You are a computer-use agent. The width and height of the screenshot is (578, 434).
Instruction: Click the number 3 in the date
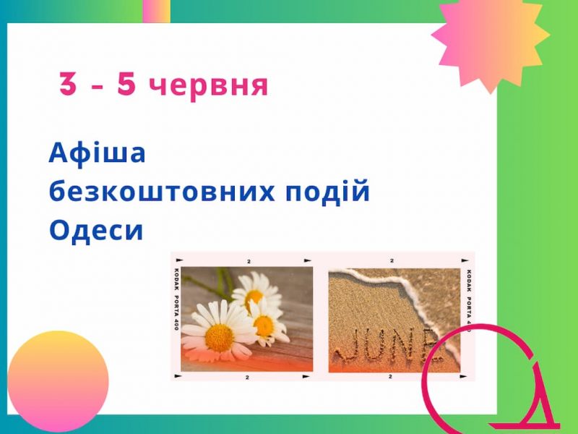(x=68, y=84)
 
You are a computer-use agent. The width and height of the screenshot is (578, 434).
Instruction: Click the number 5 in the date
(x=126, y=84)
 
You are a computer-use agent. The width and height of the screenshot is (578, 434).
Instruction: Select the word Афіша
(x=97, y=153)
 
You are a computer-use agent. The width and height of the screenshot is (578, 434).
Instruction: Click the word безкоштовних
(x=162, y=191)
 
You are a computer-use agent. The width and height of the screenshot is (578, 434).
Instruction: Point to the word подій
(x=328, y=190)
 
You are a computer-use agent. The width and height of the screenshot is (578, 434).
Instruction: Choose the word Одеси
(x=96, y=230)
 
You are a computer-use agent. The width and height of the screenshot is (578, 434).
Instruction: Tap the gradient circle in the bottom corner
(x=58, y=381)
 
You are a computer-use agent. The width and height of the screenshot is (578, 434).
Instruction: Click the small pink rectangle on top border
(x=156, y=11)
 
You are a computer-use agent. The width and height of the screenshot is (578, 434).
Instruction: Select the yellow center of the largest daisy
(x=219, y=338)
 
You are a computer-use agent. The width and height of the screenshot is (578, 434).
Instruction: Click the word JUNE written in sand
(x=387, y=345)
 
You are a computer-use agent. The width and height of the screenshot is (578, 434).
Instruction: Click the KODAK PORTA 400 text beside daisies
(x=176, y=299)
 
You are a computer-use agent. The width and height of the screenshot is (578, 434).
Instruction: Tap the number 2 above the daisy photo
(x=249, y=262)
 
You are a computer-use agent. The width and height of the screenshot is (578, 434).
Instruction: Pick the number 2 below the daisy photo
(x=247, y=377)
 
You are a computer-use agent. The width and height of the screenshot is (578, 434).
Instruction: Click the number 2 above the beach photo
(x=392, y=261)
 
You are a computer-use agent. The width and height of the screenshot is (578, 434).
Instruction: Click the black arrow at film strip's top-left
(x=178, y=260)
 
